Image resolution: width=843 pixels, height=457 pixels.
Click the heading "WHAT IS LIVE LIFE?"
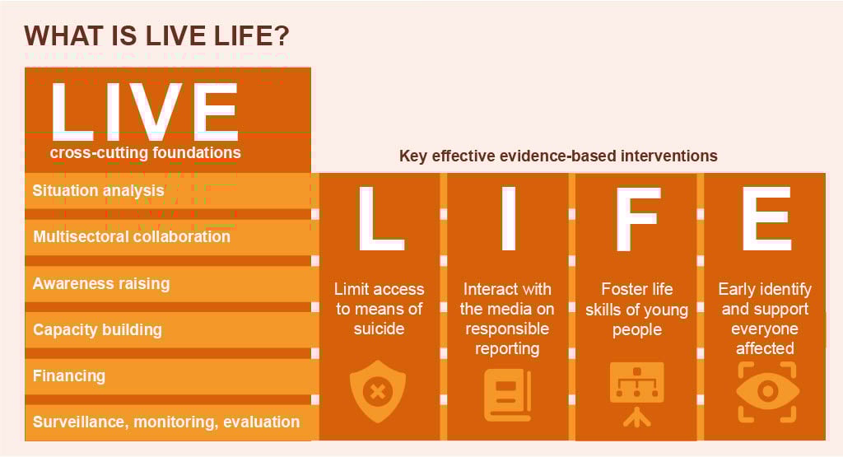click(156, 36)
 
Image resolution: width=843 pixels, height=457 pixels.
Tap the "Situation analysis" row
click(168, 191)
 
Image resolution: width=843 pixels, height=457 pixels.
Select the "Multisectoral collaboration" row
click(168, 237)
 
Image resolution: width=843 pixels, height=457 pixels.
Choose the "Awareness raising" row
click(168, 283)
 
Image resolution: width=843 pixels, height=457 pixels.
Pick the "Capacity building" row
click(168, 329)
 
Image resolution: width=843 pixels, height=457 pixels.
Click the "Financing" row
click(168, 375)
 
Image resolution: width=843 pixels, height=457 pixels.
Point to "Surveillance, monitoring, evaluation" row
click(168, 422)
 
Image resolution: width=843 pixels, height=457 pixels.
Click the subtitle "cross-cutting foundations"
click(145, 152)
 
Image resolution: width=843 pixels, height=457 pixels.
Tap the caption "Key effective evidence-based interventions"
click(558, 156)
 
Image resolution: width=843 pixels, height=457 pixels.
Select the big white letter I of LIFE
click(509, 218)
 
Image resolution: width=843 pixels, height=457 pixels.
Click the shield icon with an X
click(378, 391)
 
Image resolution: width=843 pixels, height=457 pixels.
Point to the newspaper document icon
click(507, 395)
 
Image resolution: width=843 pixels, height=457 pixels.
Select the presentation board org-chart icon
click(637, 394)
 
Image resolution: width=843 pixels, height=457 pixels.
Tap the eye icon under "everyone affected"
click(767, 392)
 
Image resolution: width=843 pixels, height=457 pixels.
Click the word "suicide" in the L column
click(379, 329)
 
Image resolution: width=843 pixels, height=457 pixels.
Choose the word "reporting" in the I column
click(507, 349)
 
